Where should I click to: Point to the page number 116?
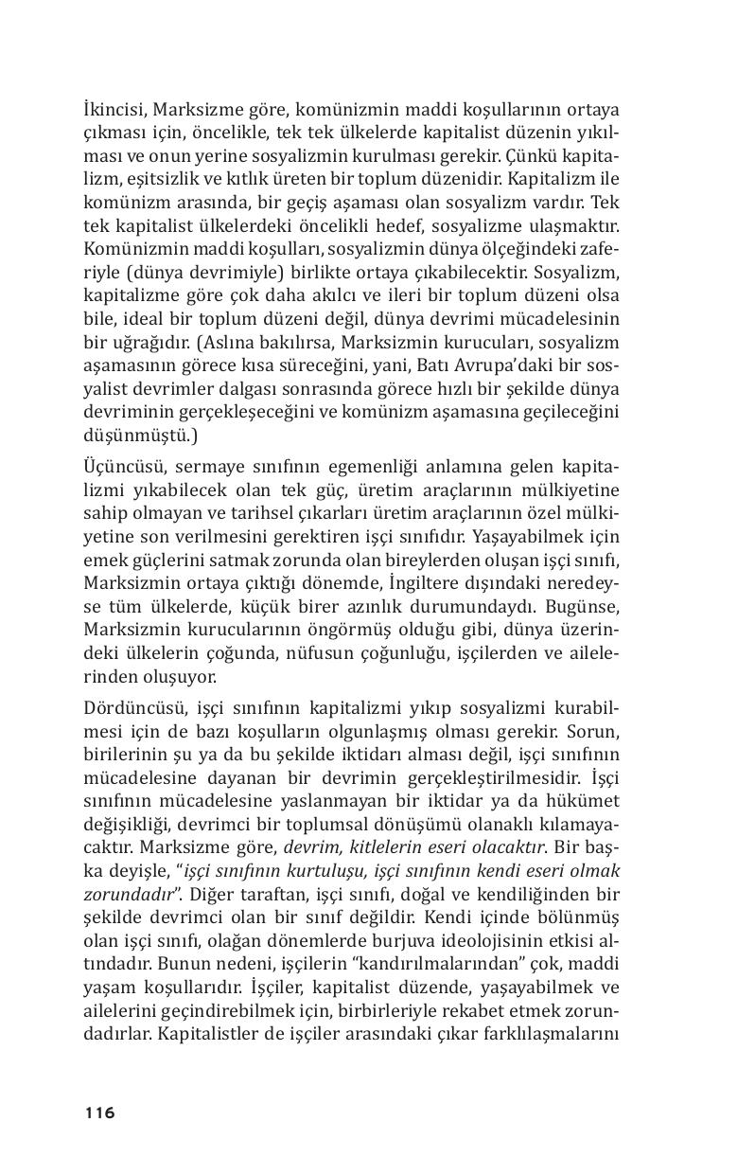click(98, 1113)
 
